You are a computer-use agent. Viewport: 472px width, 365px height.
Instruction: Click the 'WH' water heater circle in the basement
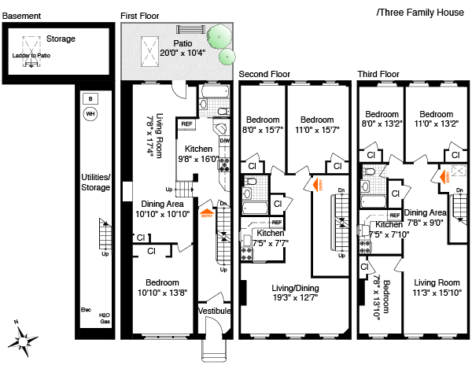pyautogui.click(x=90, y=113)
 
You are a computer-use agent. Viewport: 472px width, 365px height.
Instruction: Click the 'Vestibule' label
pyautogui.click(x=213, y=312)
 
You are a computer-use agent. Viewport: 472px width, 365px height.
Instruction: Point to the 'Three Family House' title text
pyautogui.click(x=422, y=13)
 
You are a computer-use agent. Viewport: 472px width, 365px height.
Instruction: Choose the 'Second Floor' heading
pyautogui.click(x=264, y=74)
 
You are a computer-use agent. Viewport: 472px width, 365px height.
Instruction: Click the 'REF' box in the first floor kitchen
pyautogui.click(x=186, y=124)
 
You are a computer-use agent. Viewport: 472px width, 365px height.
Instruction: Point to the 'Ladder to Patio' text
pyautogui.click(x=31, y=57)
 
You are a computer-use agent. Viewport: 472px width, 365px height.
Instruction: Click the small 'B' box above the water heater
pyautogui.click(x=90, y=98)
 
